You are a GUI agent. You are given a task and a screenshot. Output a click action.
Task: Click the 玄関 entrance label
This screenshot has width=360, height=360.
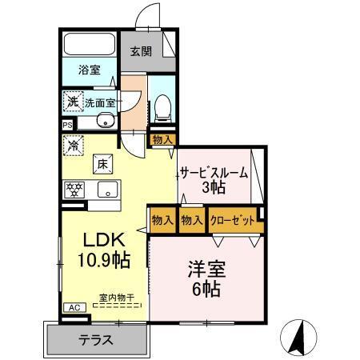(x=140, y=52)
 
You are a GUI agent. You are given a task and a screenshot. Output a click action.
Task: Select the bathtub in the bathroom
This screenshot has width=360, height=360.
(x=90, y=45)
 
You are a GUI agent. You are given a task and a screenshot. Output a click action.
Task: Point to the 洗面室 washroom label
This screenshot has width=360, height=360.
(x=101, y=103)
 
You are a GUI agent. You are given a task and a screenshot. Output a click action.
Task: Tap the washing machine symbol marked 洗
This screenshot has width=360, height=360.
(x=72, y=102)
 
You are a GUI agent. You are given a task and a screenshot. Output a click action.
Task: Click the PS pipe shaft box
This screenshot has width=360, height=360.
(x=67, y=125)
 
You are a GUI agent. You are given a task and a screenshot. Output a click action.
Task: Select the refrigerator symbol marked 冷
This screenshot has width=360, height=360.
(x=74, y=146)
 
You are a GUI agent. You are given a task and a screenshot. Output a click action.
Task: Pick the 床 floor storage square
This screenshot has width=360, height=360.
(x=103, y=163)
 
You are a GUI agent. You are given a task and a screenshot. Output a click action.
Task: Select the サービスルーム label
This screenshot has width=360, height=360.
(x=213, y=173)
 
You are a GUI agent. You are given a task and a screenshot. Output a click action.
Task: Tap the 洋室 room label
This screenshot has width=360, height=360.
(x=206, y=268)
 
